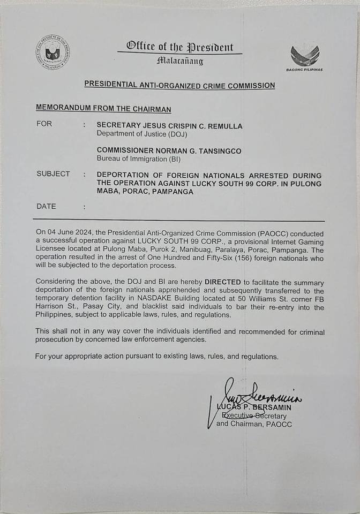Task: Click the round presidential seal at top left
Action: click(x=52, y=52)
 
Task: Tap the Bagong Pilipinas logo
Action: click(x=305, y=56)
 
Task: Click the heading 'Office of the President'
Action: click(x=180, y=47)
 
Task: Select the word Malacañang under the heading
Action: click(x=180, y=61)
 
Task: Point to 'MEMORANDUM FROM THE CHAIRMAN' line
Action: click(x=103, y=109)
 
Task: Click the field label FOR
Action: click(x=44, y=124)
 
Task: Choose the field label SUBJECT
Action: click(x=53, y=174)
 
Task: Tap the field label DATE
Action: click(x=46, y=206)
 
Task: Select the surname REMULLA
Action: click(x=222, y=126)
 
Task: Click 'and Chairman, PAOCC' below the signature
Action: click(x=254, y=424)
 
